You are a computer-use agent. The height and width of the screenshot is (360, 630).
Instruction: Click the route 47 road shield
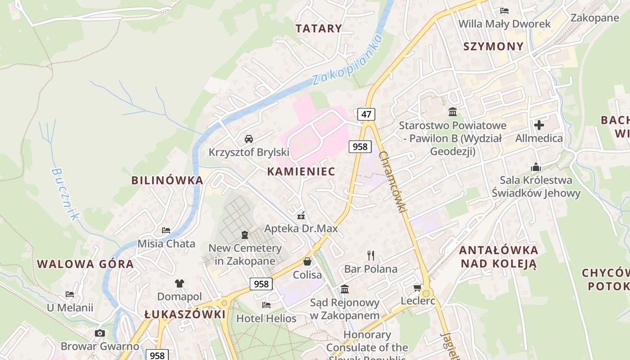[366, 114]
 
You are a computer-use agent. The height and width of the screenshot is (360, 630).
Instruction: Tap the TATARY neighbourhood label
[319, 28]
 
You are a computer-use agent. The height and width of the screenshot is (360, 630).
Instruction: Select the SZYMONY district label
[493, 46]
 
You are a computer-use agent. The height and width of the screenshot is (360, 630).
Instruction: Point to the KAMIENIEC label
[301, 171]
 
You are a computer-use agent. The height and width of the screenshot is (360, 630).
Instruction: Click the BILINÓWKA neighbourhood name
[167, 180]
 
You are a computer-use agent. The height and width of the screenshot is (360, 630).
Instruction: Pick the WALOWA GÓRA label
[85, 264]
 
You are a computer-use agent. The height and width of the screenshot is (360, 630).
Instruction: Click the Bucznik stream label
[65, 194]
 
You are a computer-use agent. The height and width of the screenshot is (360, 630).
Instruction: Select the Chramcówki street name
[393, 181]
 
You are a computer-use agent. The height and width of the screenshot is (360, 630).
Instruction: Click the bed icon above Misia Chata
[166, 230]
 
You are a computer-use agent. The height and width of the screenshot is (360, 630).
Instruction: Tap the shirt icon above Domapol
[180, 283]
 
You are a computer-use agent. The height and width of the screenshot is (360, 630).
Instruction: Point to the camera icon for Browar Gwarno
[100, 333]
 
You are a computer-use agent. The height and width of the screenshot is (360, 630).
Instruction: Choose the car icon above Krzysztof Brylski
[249, 139]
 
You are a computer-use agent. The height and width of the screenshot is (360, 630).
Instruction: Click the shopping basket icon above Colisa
[307, 261]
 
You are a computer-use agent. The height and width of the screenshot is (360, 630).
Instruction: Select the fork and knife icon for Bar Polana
[371, 256]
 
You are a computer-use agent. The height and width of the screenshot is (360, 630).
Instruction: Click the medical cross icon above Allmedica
[539, 125]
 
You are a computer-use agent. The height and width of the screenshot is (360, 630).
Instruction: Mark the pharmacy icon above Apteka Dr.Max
[301, 215]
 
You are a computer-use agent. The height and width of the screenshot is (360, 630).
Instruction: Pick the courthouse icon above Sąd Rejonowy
[345, 289]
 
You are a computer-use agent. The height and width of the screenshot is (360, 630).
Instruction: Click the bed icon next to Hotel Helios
[266, 305]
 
